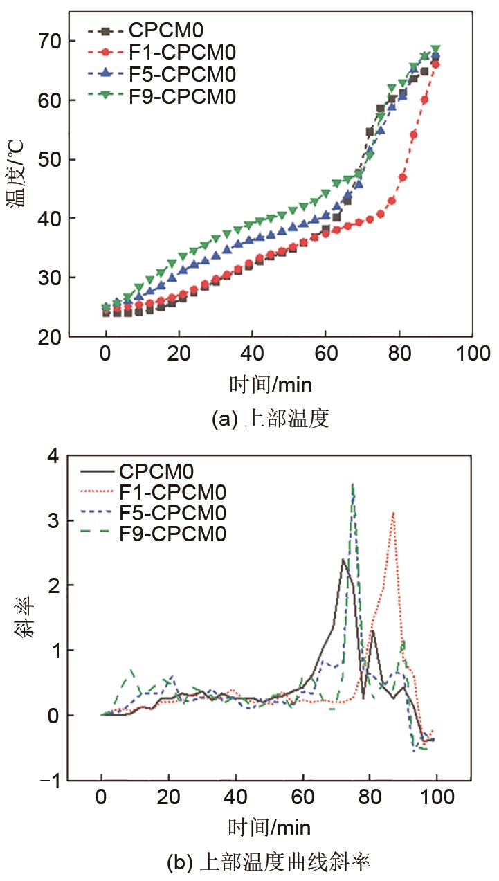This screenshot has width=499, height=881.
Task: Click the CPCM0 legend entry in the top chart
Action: point(166,30)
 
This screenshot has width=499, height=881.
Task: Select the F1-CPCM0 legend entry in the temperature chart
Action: point(181,52)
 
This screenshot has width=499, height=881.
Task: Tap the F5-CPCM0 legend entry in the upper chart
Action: point(181,74)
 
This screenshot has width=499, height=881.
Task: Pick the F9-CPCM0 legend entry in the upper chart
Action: point(181,96)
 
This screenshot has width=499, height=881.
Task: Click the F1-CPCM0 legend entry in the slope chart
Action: point(172,492)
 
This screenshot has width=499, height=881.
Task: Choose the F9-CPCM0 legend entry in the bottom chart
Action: point(172,534)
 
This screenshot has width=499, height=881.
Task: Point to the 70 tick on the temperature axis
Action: point(53,42)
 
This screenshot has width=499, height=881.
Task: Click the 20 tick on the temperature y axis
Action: point(53,336)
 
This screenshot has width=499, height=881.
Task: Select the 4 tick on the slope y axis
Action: point(53,455)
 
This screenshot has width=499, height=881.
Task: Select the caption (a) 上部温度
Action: point(270,419)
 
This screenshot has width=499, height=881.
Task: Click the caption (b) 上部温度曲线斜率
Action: point(269,862)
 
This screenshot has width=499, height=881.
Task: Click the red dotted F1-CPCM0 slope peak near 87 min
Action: point(393,513)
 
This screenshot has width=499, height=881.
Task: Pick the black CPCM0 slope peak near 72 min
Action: point(343,559)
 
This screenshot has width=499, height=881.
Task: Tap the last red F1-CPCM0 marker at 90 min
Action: point(435,64)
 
